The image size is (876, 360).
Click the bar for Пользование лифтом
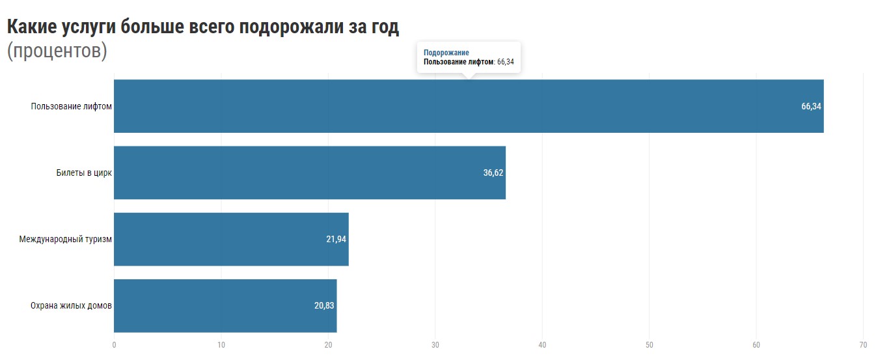pyautogui.click(x=469, y=106)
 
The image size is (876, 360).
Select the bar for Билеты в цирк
pyautogui.click(x=310, y=173)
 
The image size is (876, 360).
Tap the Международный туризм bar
pyautogui.click(x=231, y=239)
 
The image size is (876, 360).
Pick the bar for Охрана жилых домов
pyautogui.click(x=225, y=305)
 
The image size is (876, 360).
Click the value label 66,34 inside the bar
pyautogui.click(x=811, y=107)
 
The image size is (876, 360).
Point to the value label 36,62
pyautogui.click(x=493, y=173)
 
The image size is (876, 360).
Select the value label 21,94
pyautogui.click(x=336, y=240)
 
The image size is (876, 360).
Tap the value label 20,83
pyautogui.click(x=324, y=306)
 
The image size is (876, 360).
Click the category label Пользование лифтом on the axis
pyautogui.click(x=72, y=107)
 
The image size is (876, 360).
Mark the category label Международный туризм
pyautogui.click(x=65, y=240)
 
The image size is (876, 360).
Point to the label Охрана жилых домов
pyautogui.click(x=72, y=306)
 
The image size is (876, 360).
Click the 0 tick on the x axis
pyautogui.click(x=114, y=344)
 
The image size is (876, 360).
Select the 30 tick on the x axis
pyautogui.click(x=435, y=344)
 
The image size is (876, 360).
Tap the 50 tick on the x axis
pyautogui.click(x=650, y=344)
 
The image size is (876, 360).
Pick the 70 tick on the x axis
pyautogui.click(x=863, y=344)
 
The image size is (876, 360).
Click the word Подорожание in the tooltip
pyautogui.click(x=446, y=53)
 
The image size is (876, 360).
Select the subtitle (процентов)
pyautogui.click(x=57, y=51)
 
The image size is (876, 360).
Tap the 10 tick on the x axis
pyautogui.click(x=221, y=344)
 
